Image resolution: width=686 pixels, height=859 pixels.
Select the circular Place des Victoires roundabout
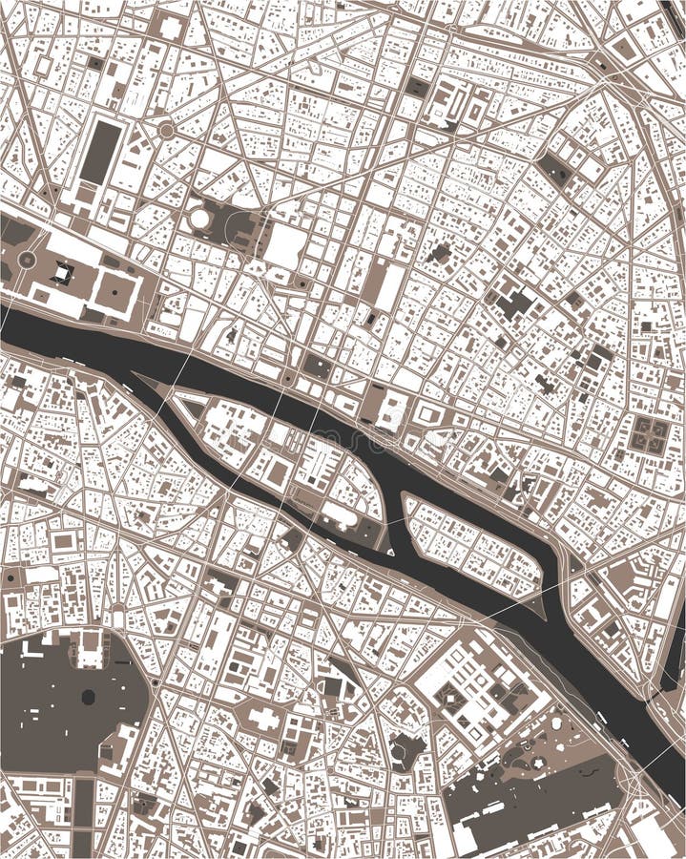click(166, 130)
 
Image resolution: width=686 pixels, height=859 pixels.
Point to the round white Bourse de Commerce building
click(200, 219)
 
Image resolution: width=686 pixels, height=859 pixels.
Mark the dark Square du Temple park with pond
click(553, 169)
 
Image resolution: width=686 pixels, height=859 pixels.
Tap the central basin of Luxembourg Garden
click(88, 697)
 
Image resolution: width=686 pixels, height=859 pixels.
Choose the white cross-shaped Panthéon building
click(264, 718)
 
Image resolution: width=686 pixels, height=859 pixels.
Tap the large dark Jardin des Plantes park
click(534, 792)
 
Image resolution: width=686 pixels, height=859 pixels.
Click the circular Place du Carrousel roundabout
click(27, 259)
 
